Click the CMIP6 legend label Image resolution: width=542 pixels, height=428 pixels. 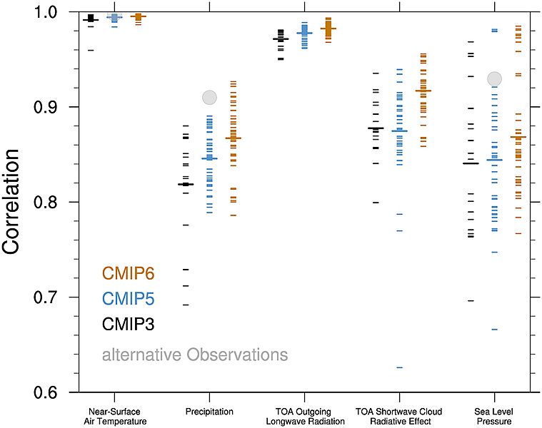point(129,273)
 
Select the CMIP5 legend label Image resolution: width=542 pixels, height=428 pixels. point(129,298)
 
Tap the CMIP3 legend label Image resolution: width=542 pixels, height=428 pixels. point(129,324)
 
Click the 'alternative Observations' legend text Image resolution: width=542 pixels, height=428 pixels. point(195,355)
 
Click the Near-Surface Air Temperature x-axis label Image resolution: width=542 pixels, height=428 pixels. point(117,417)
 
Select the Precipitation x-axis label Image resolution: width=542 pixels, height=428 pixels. point(209,412)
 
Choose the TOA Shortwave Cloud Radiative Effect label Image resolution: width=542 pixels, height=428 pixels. point(399,417)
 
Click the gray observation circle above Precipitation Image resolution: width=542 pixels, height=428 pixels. point(209,97)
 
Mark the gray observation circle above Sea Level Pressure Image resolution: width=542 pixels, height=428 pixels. point(495,78)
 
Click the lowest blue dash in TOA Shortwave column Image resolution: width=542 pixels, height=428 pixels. point(400,367)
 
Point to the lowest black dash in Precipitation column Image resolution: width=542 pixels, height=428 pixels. point(186,305)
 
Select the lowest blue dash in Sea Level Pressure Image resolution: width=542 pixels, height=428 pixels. point(494,329)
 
